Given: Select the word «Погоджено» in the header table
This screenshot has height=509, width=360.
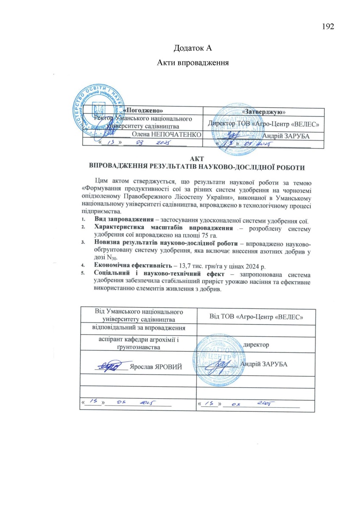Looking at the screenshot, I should coord(139,110).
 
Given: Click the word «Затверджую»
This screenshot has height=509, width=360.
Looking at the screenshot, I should coord(263,111).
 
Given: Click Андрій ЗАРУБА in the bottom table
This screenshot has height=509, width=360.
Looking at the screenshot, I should coord(263,364).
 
